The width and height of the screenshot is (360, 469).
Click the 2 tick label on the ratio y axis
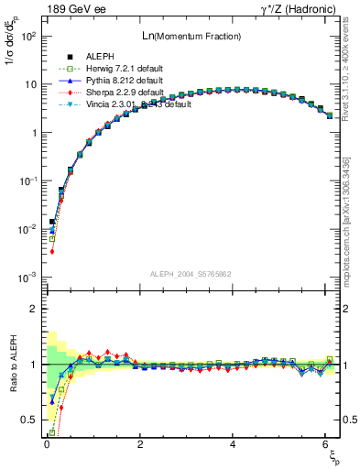pyautogui.click(x=33, y=309)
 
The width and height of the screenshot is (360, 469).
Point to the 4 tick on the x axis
pyautogui.click(x=233, y=444)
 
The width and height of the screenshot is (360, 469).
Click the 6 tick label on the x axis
pyautogui.click(x=326, y=444)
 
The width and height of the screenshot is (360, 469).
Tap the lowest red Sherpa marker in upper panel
pyautogui.click(x=52, y=251)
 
